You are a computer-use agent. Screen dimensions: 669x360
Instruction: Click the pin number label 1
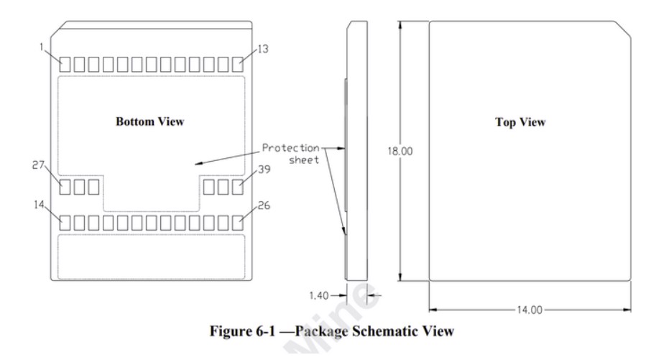42,47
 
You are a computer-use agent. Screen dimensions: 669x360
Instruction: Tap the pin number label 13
263,49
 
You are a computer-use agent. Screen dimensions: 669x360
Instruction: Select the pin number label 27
38,165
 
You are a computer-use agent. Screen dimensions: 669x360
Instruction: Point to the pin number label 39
264,170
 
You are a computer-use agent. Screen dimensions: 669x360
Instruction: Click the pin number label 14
39,205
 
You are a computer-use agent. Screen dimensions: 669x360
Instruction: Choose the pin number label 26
264,206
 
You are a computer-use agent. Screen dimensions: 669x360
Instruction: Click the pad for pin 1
65,65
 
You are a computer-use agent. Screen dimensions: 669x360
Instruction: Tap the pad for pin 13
238,65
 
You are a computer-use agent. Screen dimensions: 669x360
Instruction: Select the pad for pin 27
65,187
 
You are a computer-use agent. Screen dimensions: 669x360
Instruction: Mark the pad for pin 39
238,187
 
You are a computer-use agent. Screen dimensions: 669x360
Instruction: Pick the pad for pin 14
65,223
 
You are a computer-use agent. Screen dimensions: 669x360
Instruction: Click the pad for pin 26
238,223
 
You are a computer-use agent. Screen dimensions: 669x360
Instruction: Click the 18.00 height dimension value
400,151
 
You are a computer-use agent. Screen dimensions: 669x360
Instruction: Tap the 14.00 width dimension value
530,310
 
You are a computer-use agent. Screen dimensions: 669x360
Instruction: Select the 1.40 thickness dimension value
319,295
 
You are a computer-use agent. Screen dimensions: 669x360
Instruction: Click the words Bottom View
149,121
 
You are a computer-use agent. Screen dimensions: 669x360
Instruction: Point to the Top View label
520,122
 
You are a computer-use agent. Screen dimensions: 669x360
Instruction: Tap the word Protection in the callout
290,148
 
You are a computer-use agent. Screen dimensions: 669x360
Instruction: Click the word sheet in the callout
304,160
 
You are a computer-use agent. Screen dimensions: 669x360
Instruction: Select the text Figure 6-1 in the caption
243,331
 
